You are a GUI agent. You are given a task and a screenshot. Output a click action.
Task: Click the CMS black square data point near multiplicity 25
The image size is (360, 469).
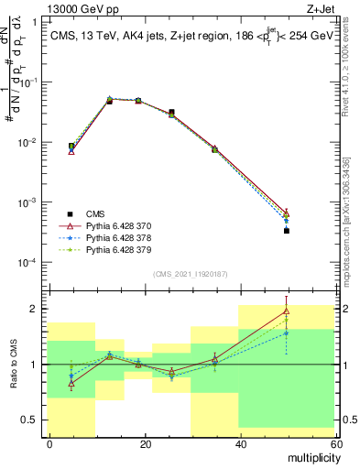(x=171, y=113)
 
